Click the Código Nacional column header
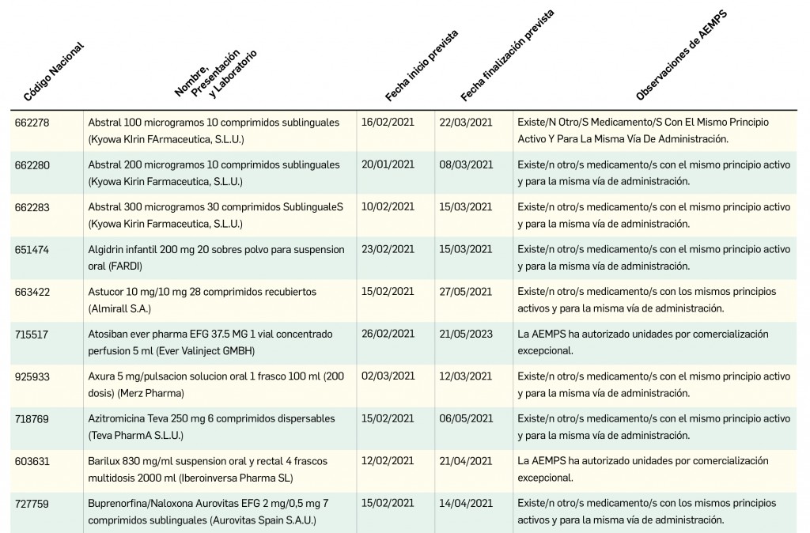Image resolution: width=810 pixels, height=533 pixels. click(54, 73)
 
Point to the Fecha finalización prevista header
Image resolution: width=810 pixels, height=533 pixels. click(507, 56)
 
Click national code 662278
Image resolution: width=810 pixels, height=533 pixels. click(32, 123)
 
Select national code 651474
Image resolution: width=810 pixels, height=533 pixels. click(32, 249)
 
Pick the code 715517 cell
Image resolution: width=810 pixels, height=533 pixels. click(32, 335)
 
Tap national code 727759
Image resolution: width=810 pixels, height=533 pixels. click(32, 503)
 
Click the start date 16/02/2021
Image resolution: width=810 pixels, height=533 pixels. click(388, 122)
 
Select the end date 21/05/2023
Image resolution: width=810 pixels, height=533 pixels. click(466, 334)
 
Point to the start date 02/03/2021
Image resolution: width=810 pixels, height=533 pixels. click(388, 376)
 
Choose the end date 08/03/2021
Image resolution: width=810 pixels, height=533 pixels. click(466, 164)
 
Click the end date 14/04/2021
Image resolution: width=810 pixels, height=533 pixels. click(466, 502)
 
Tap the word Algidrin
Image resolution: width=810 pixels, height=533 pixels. click(107, 249)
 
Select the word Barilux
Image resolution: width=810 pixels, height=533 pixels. click(104, 461)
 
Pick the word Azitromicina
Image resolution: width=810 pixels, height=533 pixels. click(119, 418)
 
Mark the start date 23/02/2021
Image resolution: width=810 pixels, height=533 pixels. click(388, 248)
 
